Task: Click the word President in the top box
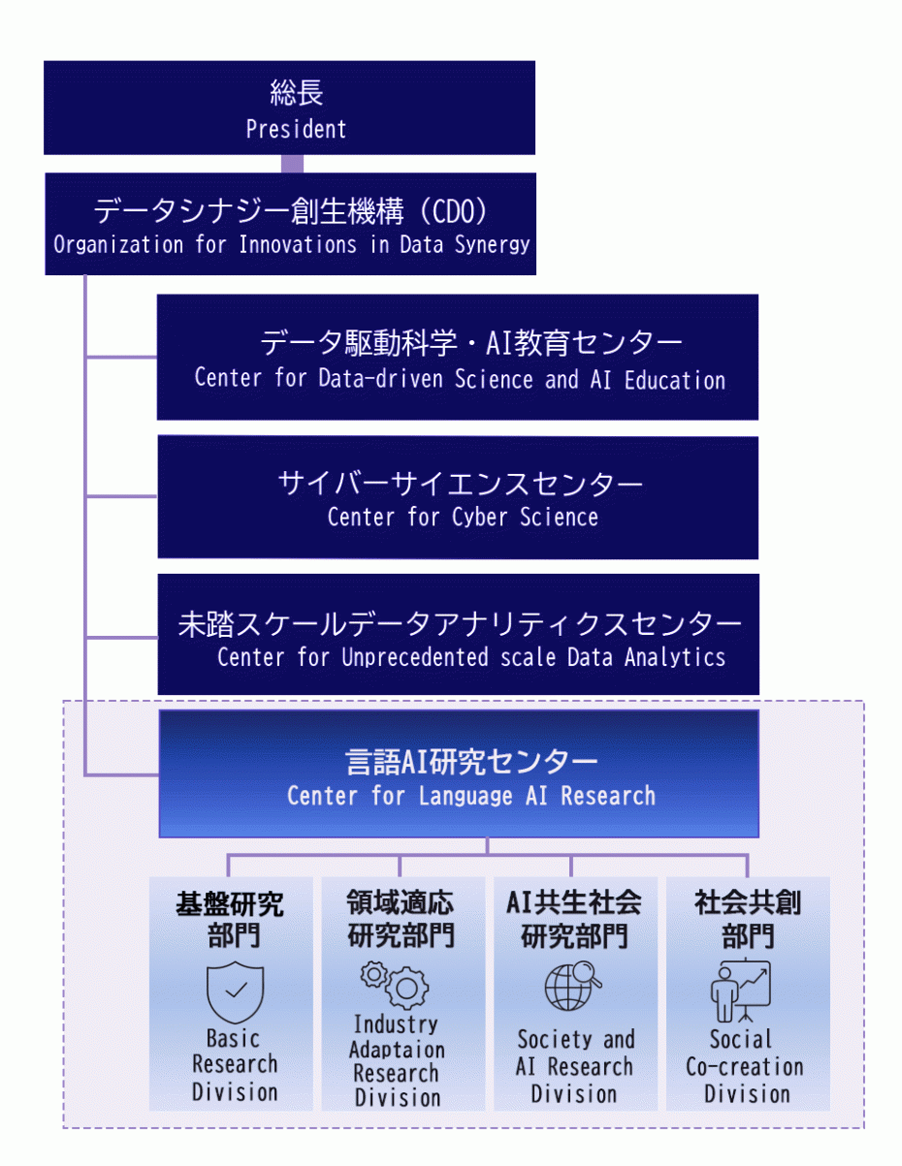click(x=296, y=129)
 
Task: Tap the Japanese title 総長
click(x=296, y=94)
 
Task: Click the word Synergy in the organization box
click(x=494, y=244)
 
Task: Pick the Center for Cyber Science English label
click(x=463, y=517)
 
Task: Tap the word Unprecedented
click(x=414, y=657)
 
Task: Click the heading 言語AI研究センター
click(x=458, y=761)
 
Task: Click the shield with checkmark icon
click(x=235, y=992)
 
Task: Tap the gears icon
click(x=395, y=984)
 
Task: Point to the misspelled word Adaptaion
click(x=397, y=1050)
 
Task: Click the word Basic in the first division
click(x=234, y=1039)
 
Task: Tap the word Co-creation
click(x=745, y=1067)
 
